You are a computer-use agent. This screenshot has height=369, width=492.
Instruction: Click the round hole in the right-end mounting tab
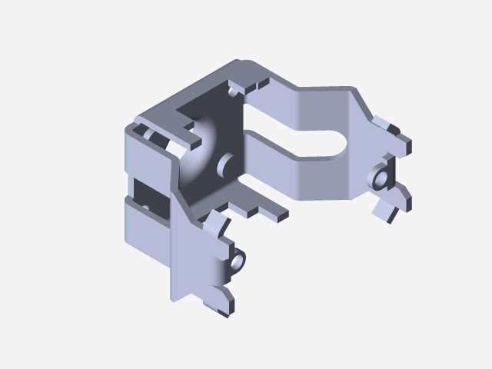381,179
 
